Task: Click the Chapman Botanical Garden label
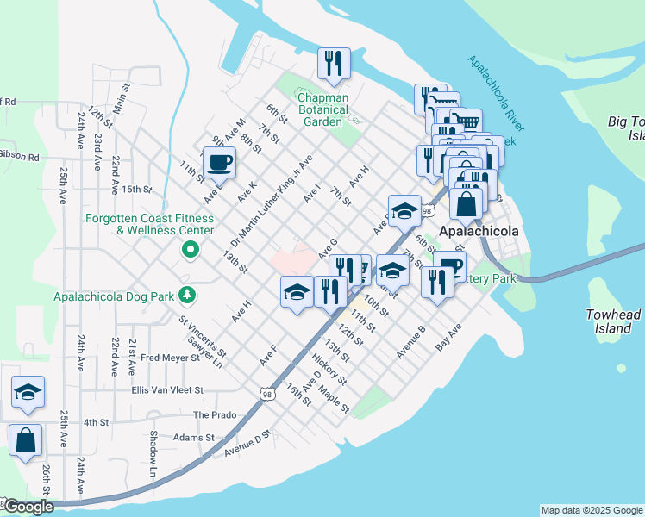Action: click(323, 109)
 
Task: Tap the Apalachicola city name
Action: click(479, 232)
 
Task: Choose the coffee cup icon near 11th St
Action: click(218, 162)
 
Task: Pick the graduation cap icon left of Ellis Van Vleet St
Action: click(28, 392)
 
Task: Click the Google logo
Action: click(27, 508)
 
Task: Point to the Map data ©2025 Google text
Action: click(591, 510)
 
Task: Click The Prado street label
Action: click(214, 414)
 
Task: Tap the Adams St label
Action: click(192, 438)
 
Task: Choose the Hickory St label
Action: click(329, 369)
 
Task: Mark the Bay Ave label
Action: click(448, 337)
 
